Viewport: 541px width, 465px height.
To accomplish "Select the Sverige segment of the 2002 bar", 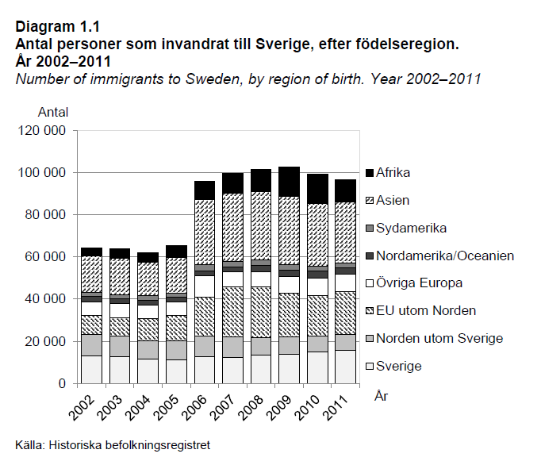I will click(91, 369).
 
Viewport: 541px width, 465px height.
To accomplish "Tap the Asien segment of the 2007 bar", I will click(233, 227).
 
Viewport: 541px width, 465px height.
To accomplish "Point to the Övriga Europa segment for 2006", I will click(205, 286).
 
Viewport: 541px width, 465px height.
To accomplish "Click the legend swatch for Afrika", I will click(370, 172).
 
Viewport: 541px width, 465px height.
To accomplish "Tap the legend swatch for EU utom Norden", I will click(370, 311).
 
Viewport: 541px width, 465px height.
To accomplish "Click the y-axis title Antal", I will click(53, 112).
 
